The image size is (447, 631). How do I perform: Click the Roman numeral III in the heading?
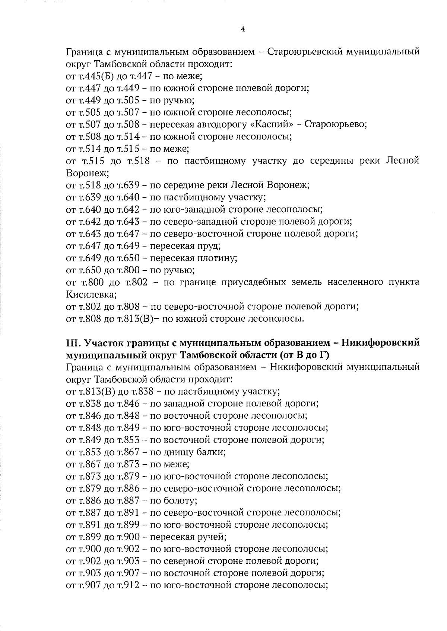tap(71, 342)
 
